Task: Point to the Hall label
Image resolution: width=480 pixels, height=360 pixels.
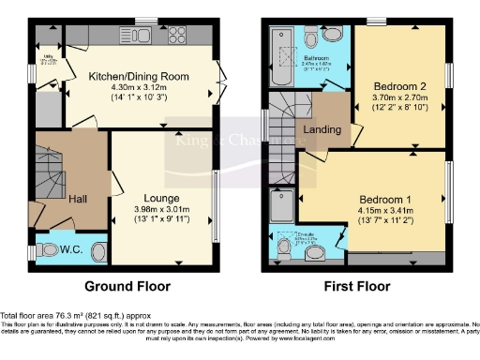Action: point(77,199)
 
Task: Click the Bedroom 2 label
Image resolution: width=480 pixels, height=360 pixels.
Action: point(390,82)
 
